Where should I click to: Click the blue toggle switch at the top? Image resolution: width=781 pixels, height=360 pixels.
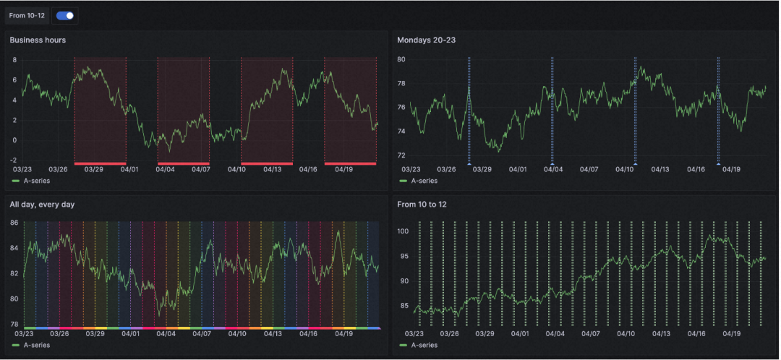(65, 15)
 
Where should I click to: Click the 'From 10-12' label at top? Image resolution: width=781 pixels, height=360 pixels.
(27, 15)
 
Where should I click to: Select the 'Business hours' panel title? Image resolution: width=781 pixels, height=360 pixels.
(38, 40)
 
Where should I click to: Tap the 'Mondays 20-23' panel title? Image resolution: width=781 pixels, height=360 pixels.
(426, 40)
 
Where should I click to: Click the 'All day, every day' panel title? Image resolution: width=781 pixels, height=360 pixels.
(42, 205)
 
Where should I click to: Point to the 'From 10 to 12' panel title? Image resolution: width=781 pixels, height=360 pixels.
(426, 205)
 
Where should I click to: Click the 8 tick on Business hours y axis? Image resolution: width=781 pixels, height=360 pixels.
(14, 59)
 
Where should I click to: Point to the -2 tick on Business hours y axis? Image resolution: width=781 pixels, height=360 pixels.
(13, 160)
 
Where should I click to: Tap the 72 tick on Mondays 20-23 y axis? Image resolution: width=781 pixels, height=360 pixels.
(401, 155)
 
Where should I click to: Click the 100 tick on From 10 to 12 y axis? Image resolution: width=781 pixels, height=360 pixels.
(404, 231)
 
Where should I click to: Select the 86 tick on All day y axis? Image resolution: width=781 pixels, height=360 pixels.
(14, 223)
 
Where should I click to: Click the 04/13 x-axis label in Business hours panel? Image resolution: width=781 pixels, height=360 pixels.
(272, 170)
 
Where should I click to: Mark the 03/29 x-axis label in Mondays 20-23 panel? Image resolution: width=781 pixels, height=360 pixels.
(482, 170)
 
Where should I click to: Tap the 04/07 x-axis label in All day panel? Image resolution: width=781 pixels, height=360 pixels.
(201, 334)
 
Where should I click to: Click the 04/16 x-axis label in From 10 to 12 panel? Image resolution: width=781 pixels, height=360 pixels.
(696, 334)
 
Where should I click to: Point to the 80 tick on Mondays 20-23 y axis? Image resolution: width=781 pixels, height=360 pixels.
(401, 59)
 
